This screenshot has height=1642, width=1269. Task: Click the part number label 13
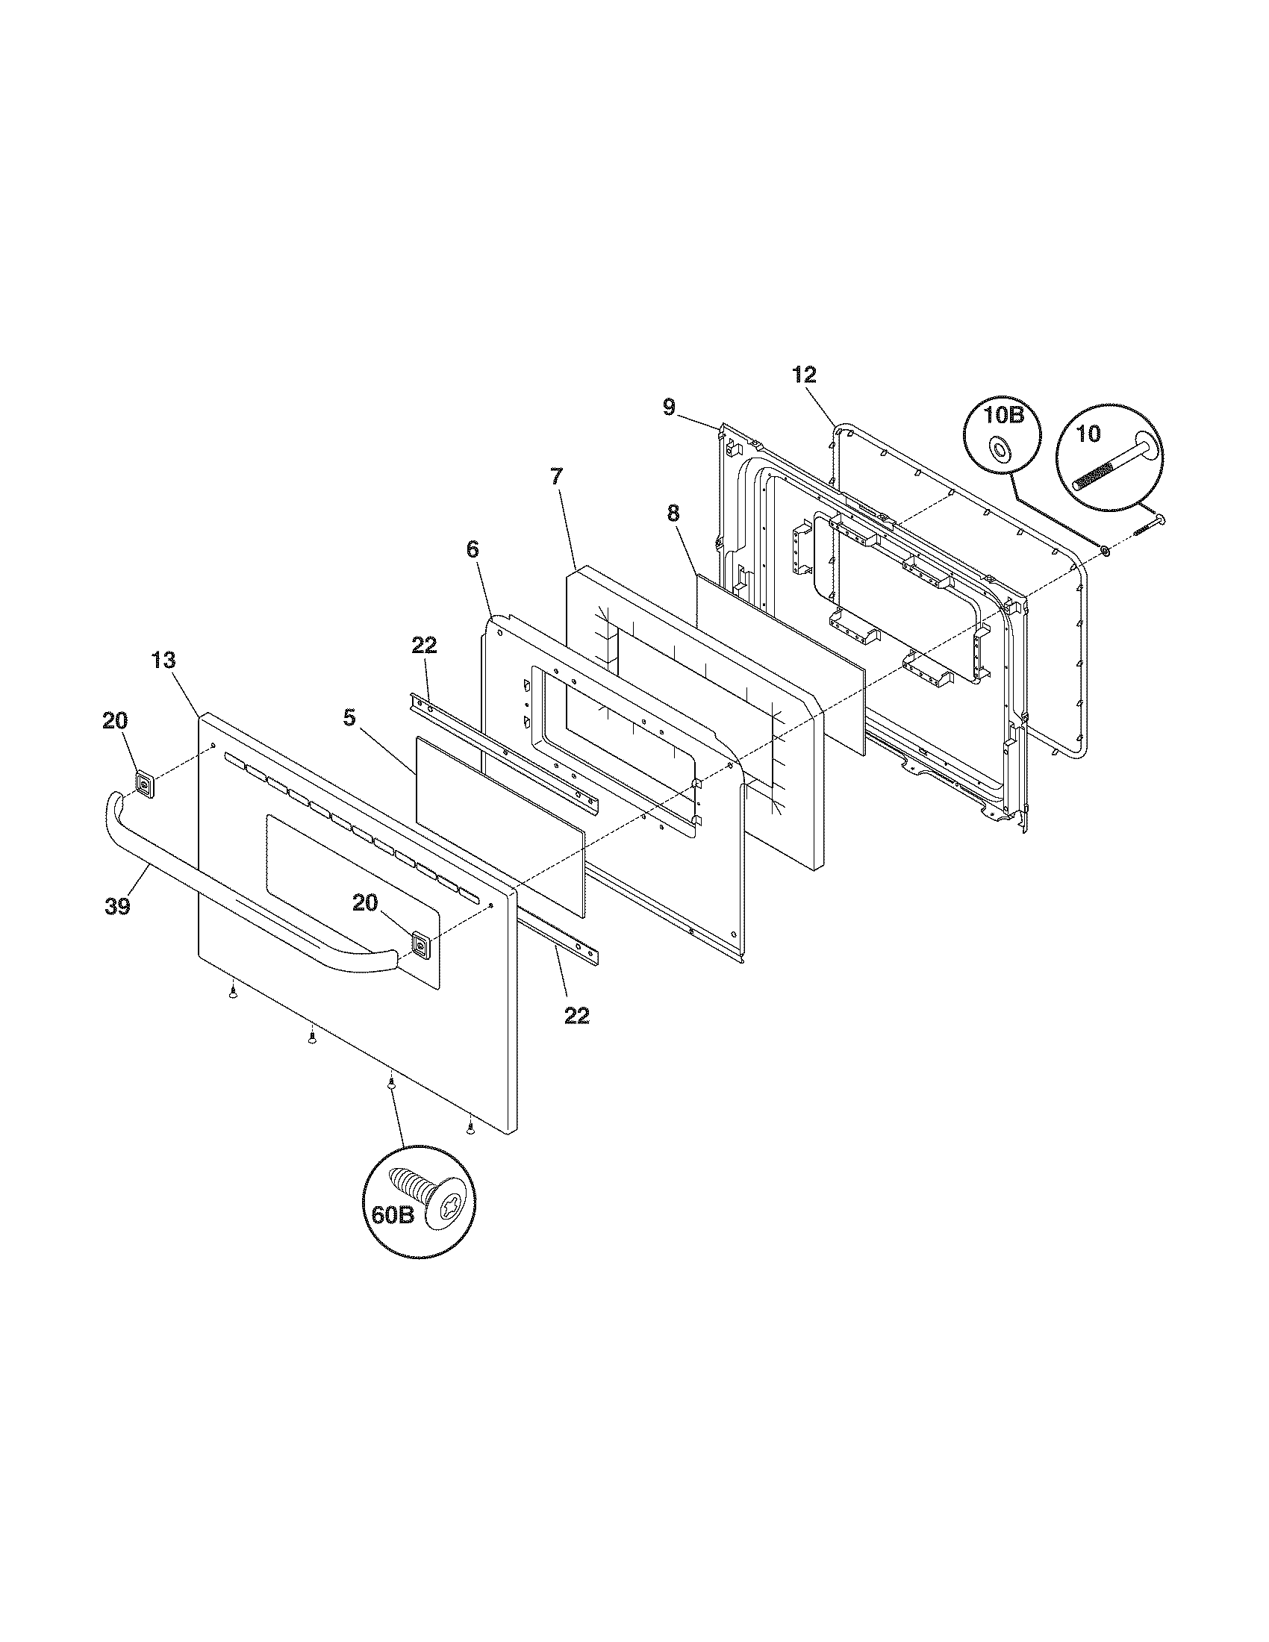(163, 660)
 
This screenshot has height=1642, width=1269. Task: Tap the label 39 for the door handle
(118, 906)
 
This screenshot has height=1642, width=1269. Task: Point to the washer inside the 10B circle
(999, 449)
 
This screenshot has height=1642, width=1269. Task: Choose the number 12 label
(804, 375)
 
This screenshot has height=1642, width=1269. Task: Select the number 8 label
(673, 513)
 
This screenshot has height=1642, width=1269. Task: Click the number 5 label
(349, 717)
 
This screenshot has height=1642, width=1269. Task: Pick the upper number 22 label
(424, 645)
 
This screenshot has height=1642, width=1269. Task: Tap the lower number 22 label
(576, 1015)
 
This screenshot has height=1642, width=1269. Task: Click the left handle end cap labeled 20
(144, 784)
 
